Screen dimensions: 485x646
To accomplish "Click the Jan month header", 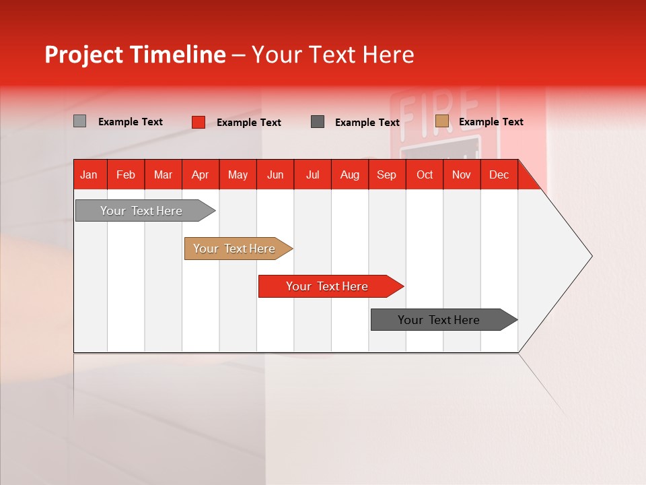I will (89, 175).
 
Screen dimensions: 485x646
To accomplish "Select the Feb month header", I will (126, 175).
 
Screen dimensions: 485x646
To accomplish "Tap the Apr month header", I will (200, 175).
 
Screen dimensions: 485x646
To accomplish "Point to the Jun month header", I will (275, 175).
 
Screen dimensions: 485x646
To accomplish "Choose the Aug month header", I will (350, 175).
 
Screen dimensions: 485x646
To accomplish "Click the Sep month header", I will (386, 175).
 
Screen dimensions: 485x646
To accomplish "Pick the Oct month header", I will (425, 175).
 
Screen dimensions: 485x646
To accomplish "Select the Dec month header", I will (499, 175).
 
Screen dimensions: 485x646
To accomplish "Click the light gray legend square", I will (79, 121).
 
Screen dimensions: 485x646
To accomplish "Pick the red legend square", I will (199, 122).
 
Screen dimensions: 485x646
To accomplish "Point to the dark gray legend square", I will (318, 121).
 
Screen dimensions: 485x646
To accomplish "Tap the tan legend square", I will (441, 121).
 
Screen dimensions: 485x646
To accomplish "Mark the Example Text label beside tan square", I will (491, 122).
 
